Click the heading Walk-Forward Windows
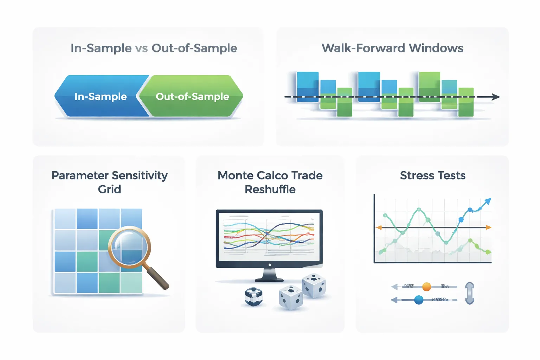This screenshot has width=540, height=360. (x=392, y=48)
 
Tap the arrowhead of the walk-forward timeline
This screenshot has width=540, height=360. (x=496, y=97)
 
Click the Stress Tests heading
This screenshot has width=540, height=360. (x=432, y=175)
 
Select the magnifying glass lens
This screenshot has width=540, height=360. (x=129, y=247)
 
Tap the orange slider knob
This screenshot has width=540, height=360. (x=426, y=287)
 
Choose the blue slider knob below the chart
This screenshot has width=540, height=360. (x=419, y=300)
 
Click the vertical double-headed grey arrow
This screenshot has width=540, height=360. (x=470, y=293)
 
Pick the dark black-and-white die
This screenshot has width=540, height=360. (x=253, y=296)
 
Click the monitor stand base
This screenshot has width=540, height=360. (x=269, y=279)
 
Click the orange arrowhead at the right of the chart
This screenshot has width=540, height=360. (x=488, y=228)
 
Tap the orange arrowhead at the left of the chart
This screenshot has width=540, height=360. (x=379, y=228)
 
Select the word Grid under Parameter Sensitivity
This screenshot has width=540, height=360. (x=109, y=189)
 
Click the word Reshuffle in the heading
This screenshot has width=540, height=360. (x=270, y=189)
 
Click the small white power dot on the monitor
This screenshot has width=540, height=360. (x=270, y=265)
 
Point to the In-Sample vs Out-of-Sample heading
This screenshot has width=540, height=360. (x=154, y=48)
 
